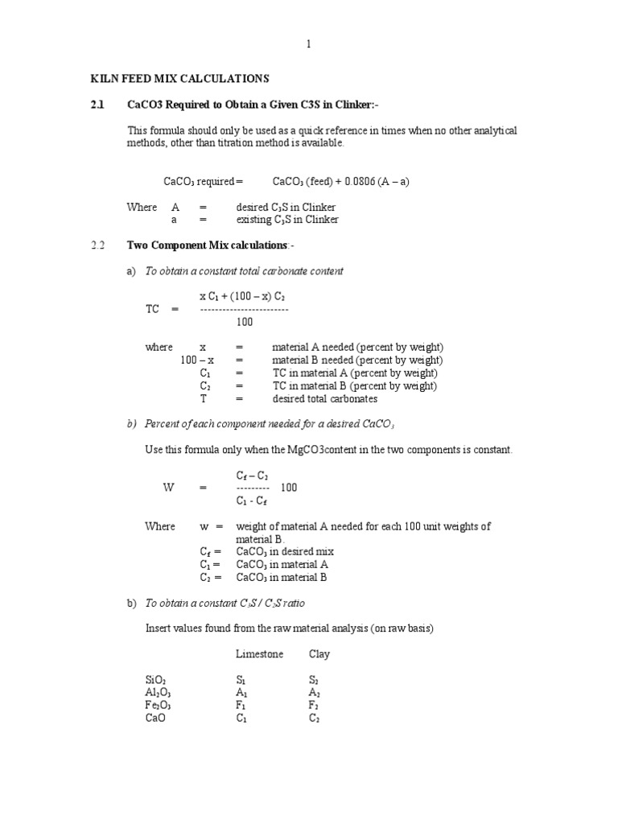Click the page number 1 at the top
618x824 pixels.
click(308, 45)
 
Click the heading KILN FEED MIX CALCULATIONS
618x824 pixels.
click(178, 79)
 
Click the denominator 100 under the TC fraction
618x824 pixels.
click(245, 322)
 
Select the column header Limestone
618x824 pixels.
click(259, 654)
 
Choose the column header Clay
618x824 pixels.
click(319, 654)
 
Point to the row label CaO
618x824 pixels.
click(154, 719)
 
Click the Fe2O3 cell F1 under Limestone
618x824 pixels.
click(241, 706)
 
